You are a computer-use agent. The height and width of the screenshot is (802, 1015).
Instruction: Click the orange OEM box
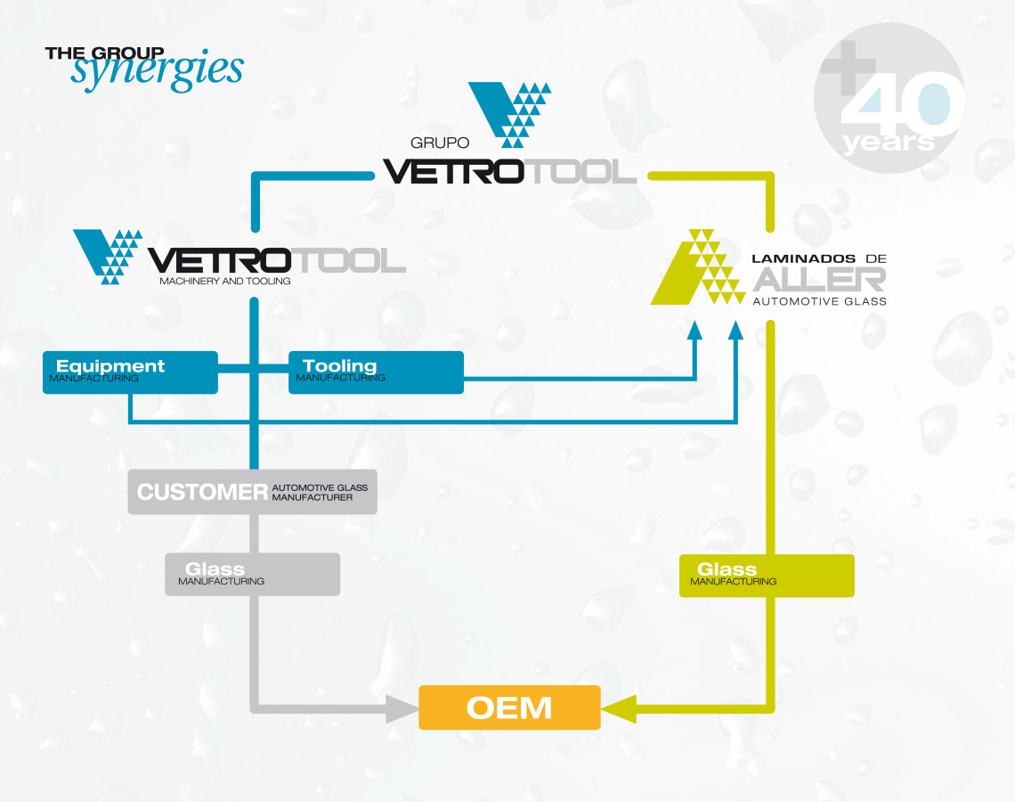pos(509,708)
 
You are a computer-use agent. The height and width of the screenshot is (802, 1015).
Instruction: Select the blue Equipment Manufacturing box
pos(130,372)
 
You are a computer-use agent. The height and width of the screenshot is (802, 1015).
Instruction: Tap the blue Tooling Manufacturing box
pos(376,372)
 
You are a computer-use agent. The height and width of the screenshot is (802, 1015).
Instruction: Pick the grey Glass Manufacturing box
pos(252,574)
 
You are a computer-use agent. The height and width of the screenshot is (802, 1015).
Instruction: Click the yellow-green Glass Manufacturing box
pos(766,575)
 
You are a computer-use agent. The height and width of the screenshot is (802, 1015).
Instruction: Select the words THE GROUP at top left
pos(104,53)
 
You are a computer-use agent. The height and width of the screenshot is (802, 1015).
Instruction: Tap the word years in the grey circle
pos(889,143)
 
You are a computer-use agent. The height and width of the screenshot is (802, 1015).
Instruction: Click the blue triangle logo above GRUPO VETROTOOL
pos(510,112)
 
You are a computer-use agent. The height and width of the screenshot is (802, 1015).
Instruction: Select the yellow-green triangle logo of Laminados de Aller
pos(697,267)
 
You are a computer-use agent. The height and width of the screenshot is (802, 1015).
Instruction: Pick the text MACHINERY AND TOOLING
pos(224,282)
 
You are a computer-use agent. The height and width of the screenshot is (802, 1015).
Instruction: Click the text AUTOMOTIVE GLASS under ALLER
pos(819,301)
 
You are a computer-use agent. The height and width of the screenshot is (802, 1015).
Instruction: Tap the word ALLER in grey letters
pos(819,279)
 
